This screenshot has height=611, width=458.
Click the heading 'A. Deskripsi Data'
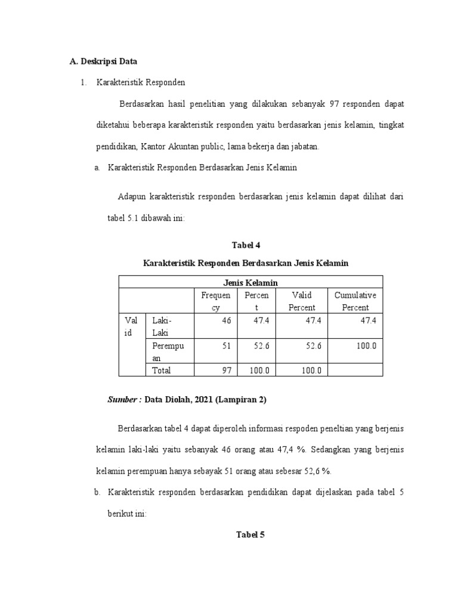click(x=104, y=61)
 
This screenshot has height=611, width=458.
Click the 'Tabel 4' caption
click(x=246, y=245)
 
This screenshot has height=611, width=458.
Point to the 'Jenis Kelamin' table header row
click(x=250, y=282)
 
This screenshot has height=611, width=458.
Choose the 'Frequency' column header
click(x=215, y=301)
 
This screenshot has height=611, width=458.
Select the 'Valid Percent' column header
click(x=301, y=301)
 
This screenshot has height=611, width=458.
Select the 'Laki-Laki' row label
click(x=162, y=326)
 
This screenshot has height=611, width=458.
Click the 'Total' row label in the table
click(x=162, y=371)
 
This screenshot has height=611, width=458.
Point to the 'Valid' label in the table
click(x=131, y=326)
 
